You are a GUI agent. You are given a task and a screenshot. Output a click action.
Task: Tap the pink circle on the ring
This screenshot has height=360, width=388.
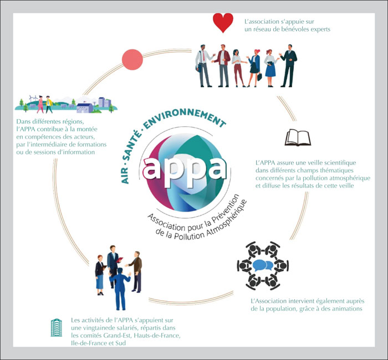coord(132,60)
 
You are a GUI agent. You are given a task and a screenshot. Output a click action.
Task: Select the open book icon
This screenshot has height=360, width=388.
coord(298,137)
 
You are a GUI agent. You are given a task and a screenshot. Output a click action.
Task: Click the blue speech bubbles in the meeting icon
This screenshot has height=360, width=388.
coord(263,265)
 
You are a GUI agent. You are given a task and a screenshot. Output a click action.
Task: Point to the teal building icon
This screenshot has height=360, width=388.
coord(56,327)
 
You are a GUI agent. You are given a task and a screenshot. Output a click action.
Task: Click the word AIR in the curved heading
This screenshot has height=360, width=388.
coord(125,176)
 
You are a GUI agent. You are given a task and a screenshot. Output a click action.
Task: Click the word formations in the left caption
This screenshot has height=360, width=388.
coord(91,144)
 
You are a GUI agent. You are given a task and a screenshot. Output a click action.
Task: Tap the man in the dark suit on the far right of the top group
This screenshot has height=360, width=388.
coord(288,66)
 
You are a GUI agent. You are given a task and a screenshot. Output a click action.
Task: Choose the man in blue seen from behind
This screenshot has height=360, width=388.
coord(120,289)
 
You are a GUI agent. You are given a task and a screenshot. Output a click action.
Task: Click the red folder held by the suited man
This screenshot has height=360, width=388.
coord(119,260)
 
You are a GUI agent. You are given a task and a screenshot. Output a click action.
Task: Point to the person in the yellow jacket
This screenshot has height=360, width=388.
coord(49,104)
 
